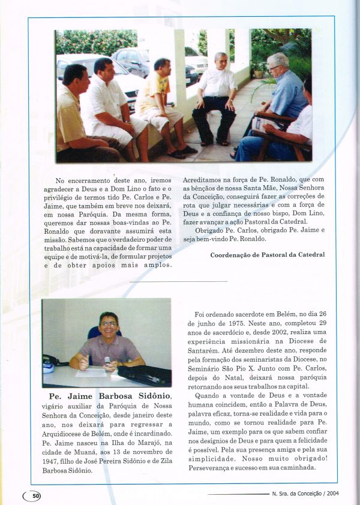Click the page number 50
(35, 495)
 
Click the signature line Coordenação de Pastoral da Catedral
(268, 254)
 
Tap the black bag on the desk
(143, 375)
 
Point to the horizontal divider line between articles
(179, 281)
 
